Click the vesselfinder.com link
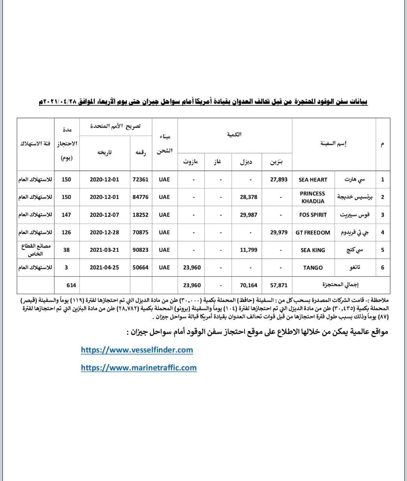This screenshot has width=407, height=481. click(x=137, y=350)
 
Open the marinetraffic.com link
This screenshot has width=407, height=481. click(x=139, y=368)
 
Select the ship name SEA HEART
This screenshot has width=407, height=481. click(x=313, y=180)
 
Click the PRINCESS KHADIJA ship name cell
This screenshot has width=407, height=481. click(x=312, y=197)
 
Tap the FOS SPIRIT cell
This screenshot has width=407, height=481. click(x=313, y=215)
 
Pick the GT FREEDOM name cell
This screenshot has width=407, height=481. click(x=313, y=233)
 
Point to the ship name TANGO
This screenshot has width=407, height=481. click(x=313, y=268)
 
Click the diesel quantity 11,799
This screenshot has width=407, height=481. click(x=249, y=250)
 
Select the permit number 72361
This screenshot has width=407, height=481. click(x=140, y=180)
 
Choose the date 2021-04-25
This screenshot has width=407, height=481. click(x=104, y=268)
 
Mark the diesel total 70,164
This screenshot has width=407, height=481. click(x=249, y=285)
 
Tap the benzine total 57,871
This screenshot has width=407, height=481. click(x=279, y=285)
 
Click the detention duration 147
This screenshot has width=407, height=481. click(x=66, y=215)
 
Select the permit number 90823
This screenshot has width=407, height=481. click(x=140, y=250)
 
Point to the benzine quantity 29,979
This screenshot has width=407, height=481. click(x=279, y=233)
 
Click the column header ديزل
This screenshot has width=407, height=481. click(x=246, y=162)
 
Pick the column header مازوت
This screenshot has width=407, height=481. click(x=191, y=162)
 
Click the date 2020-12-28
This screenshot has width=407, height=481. click(x=104, y=233)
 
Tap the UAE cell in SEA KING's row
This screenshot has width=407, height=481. click(x=164, y=250)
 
